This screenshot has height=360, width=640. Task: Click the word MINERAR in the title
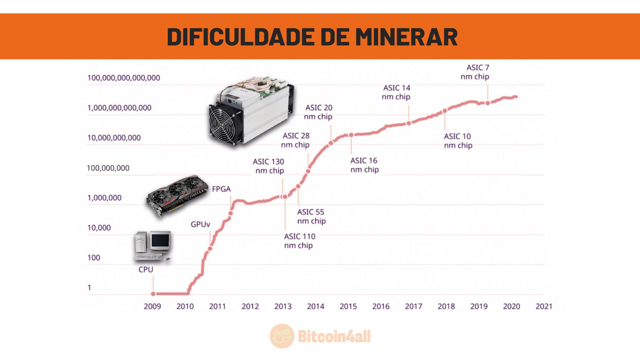pos(406,37)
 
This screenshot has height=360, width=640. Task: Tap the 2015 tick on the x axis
pos(348,306)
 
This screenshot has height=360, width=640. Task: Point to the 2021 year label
pos(544,306)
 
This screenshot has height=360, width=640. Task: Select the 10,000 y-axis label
pos(99,228)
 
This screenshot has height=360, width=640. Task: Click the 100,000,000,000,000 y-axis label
pos(124,78)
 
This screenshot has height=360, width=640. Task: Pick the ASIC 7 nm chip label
pos(475,72)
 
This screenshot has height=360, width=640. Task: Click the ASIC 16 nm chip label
pos(364,165)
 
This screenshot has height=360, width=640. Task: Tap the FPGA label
pos(221,189)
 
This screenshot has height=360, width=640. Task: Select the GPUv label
pos(200,224)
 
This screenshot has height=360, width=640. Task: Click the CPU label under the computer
pos(146,269)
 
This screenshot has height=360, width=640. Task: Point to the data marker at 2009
pos(153,294)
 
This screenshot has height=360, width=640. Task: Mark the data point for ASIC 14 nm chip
pos(409,123)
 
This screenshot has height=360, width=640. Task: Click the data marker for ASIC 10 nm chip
pos(445,111)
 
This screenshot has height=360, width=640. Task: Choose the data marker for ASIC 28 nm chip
pos(308,171)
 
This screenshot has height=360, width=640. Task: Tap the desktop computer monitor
pos(160,241)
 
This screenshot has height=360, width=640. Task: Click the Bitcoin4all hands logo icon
pos(282,336)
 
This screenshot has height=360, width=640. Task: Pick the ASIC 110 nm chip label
pos(299,241)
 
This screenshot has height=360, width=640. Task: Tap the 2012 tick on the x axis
pos(250,306)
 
